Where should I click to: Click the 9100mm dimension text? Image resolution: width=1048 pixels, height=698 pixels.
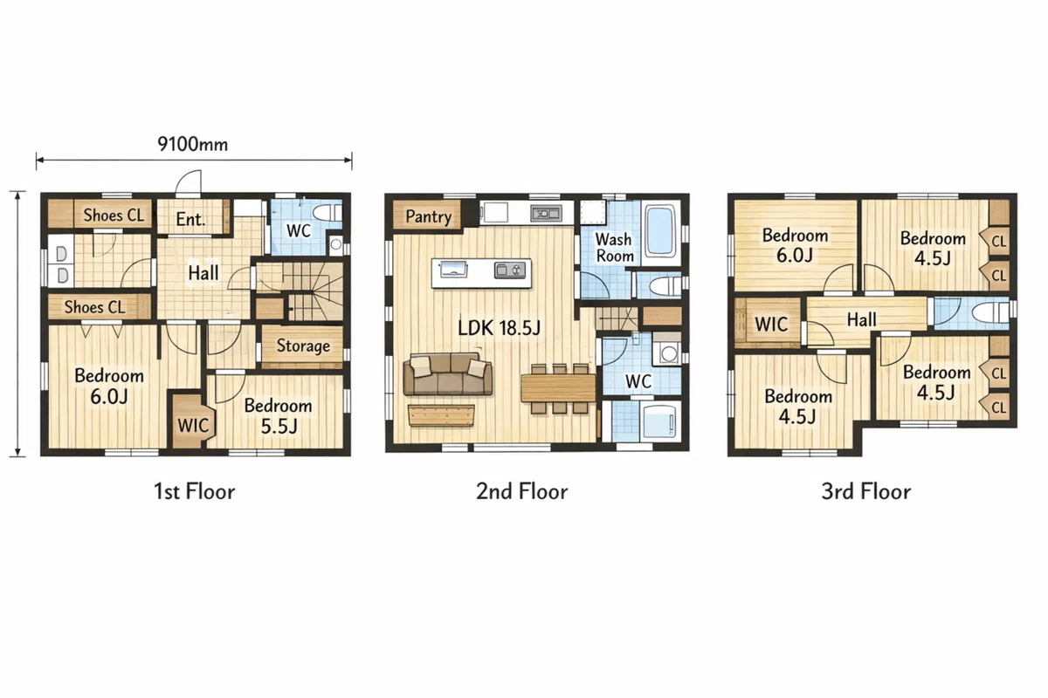(x=193, y=144)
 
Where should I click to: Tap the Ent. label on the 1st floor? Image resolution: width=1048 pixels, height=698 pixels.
(x=190, y=219)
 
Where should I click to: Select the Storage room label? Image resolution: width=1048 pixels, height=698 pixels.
(x=303, y=346)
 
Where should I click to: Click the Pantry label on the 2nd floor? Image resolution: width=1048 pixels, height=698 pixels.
(x=428, y=216)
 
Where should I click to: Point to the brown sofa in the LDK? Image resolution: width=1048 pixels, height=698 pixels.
(x=448, y=374)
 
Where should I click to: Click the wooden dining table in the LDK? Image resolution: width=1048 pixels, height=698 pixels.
(x=558, y=388)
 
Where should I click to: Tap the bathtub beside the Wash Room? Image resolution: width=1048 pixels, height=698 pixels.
(x=660, y=231)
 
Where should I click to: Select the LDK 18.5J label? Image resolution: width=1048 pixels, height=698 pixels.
(x=499, y=328)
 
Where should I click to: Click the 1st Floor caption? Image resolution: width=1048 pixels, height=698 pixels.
(x=194, y=491)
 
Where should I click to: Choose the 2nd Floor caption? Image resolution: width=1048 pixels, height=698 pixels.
(x=521, y=491)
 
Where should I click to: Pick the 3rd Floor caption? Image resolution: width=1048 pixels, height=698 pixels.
(x=866, y=491)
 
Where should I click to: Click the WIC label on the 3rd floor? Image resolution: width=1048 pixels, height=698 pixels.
(x=771, y=324)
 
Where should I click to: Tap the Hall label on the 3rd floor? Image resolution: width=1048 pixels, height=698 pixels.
(x=861, y=320)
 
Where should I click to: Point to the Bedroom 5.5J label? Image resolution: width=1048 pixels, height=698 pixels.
(x=279, y=415)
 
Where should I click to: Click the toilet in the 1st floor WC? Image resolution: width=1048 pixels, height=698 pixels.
(x=327, y=213)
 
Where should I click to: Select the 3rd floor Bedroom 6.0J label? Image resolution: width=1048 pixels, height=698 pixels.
(x=795, y=245)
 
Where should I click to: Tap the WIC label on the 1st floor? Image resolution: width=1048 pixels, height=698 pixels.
(x=193, y=426)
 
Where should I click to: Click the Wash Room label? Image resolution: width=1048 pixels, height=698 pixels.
(x=614, y=248)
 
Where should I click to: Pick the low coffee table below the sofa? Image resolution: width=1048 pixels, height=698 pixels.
(x=441, y=415)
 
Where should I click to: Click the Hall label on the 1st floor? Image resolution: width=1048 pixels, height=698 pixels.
(x=203, y=272)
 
